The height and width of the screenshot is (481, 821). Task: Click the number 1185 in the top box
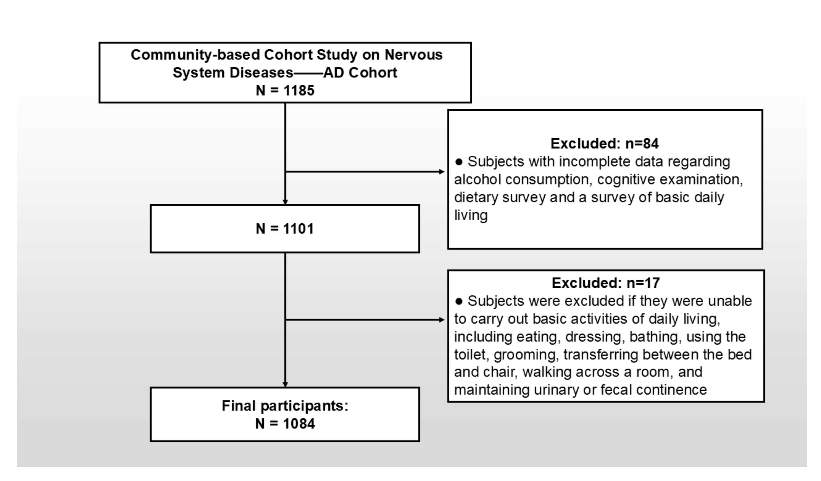point(299,90)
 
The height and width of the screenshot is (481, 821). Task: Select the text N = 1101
point(285,229)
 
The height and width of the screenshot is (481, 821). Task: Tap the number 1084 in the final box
point(299,424)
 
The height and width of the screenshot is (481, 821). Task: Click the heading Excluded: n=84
point(604,143)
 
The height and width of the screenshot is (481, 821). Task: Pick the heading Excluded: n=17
point(605,283)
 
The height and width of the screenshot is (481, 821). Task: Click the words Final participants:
point(285,406)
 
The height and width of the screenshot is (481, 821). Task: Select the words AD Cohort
point(360,73)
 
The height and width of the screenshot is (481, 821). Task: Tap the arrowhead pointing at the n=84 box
point(442,172)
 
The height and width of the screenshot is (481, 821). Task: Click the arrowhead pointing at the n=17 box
point(442,320)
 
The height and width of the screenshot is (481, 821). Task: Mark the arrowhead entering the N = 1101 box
point(285,202)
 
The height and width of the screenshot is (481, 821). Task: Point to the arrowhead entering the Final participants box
point(285,384)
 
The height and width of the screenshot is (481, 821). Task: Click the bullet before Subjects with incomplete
point(459,162)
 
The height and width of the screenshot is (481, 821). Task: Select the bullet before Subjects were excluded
point(459,301)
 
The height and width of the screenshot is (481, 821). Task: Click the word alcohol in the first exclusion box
point(477,180)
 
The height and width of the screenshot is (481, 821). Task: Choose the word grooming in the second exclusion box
point(525,355)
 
